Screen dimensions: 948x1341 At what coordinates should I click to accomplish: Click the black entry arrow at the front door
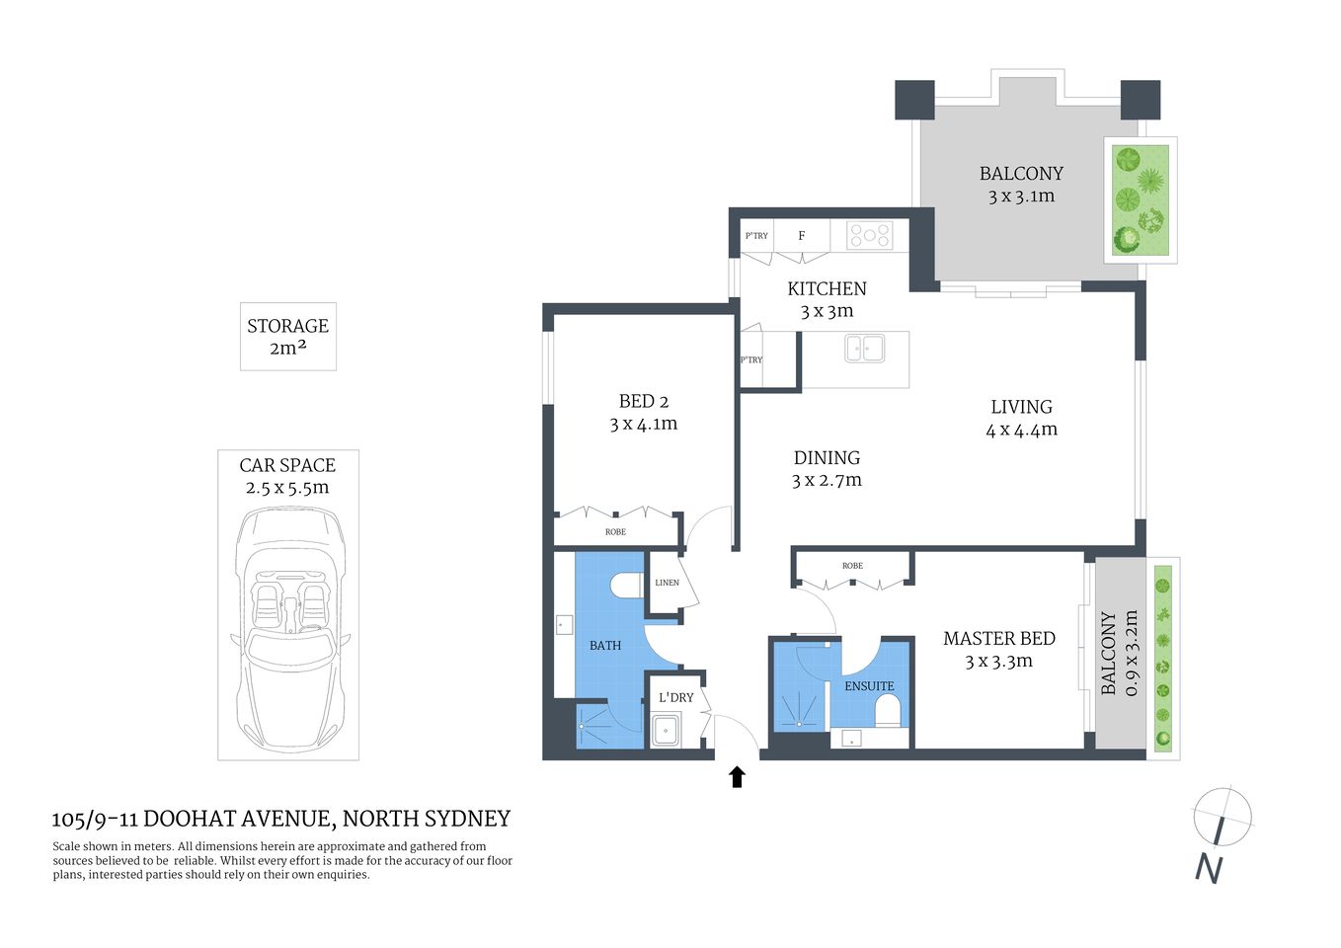pyautogui.click(x=737, y=776)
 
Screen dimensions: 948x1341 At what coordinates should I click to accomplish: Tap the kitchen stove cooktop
pyautogui.click(x=870, y=235)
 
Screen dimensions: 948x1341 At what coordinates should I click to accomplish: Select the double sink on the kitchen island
pyautogui.click(x=864, y=348)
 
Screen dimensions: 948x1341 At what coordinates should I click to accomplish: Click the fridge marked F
pyautogui.click(x=802, y=236)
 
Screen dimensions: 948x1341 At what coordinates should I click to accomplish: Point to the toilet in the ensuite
pyautogui.click(x=889, y=710)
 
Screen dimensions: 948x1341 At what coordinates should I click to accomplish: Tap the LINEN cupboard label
pyautogui.click(x=667, y=583)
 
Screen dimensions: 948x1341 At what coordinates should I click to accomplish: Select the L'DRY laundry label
pyautogui.click(x=675, y=697)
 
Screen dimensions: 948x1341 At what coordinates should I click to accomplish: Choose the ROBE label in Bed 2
pyautogui.click(x=615, y=532)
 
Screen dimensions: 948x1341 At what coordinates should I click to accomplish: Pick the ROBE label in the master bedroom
pyautogui.click(x=852, y=566)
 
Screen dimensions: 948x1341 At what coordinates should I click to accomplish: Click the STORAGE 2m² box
pyautogui.click(x=288, y=337)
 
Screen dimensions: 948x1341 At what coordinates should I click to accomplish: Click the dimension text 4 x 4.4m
pyautogui.click(x=1021, y=430)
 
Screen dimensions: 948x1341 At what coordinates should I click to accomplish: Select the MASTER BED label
pyautogui.click(x=998, y=639)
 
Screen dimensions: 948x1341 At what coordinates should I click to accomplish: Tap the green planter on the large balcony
pyautogui.click(x=1141, y=200)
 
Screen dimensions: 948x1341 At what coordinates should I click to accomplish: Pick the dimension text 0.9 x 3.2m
pyautogui.click(x=1131, y=653)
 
